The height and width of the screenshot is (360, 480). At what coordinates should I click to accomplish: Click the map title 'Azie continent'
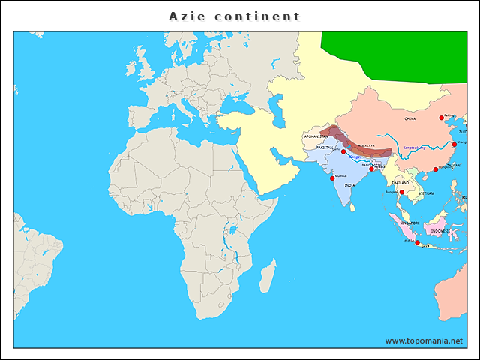[234, 16]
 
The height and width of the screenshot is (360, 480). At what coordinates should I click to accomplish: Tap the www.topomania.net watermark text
[424, 340]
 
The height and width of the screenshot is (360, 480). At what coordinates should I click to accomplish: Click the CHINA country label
[409, 118]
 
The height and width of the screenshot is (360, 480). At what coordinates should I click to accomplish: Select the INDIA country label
[349, 185]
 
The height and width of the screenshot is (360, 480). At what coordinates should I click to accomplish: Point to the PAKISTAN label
[325, 148]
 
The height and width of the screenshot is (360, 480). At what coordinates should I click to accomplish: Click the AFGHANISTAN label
[316, 136]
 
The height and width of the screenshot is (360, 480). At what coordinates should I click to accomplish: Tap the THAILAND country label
[400, 182]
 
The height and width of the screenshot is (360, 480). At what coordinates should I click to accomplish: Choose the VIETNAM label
[426, 193]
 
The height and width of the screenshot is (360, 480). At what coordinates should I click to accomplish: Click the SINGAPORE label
[409, 223]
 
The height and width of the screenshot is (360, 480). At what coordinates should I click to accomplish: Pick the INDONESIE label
[435, 231]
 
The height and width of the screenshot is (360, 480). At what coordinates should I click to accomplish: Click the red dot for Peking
[441, 118]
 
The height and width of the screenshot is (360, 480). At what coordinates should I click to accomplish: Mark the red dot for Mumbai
[332, 178]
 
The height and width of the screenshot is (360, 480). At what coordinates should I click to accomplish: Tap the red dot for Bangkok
[402, 193]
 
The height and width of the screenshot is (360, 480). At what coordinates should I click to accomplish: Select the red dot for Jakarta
[417, 242]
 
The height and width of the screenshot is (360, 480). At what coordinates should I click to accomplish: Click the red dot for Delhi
[343, 151]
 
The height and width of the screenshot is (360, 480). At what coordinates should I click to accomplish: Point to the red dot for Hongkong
[436, 169]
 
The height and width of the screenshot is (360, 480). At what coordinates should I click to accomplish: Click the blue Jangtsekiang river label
[414, 148]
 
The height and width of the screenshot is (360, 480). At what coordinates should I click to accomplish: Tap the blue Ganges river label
[355, 157]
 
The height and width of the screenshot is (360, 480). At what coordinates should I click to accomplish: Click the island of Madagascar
[266, 280]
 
